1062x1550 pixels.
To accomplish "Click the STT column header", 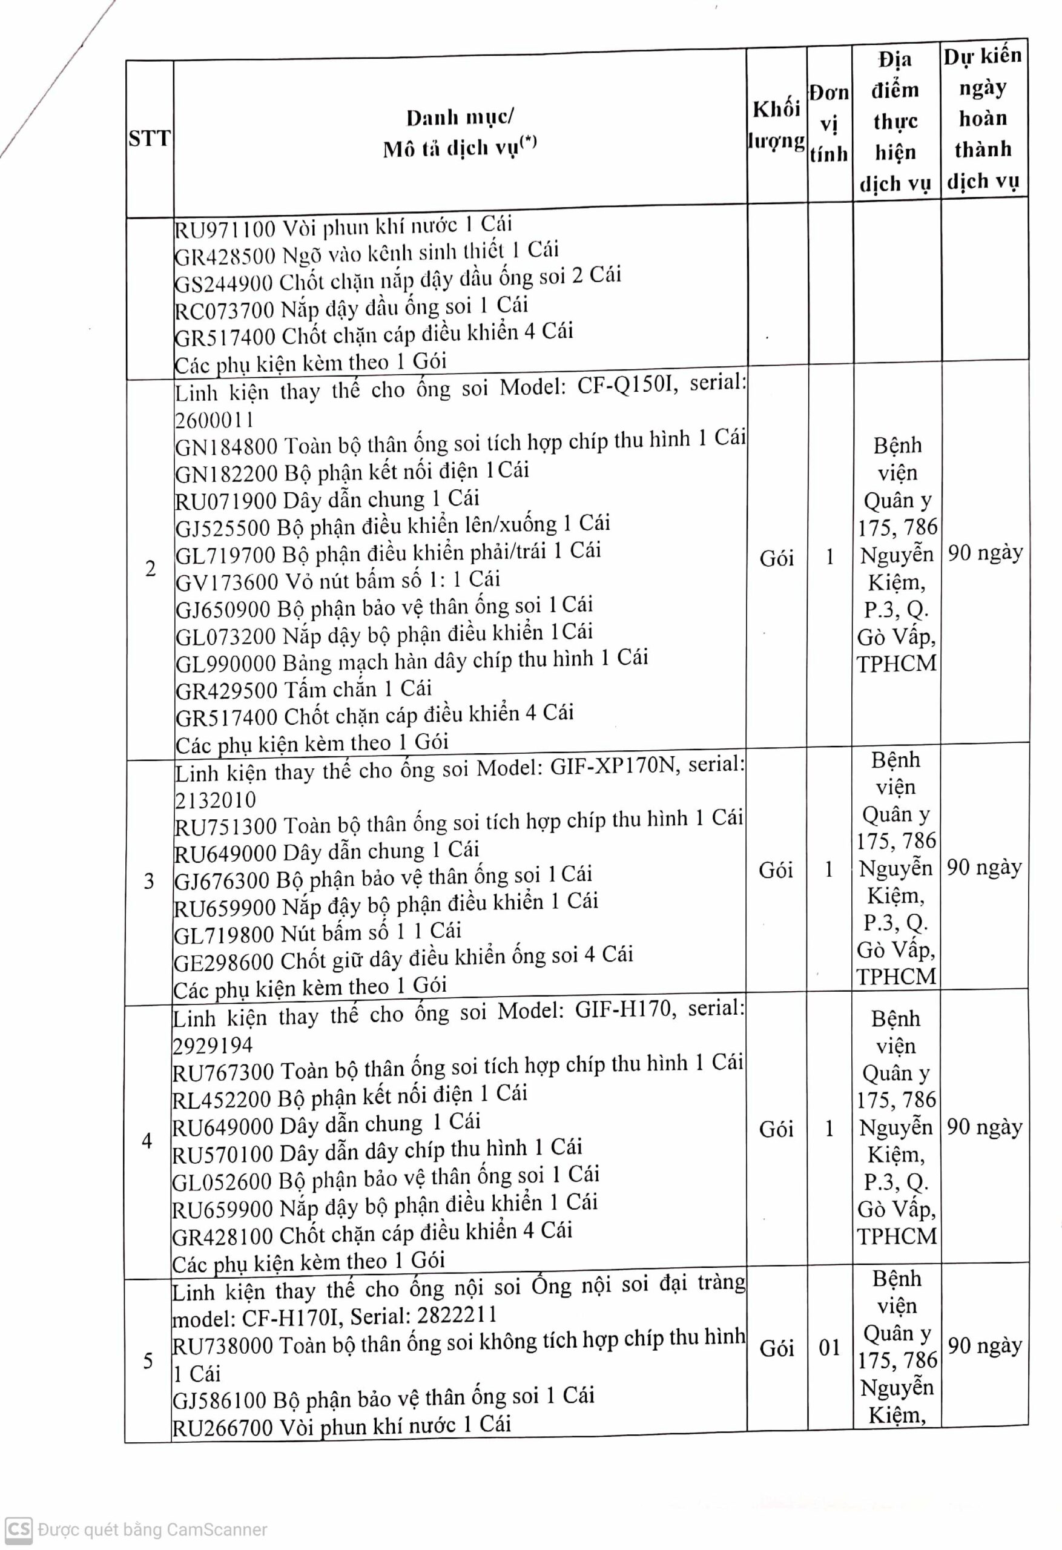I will [x=150, y=139].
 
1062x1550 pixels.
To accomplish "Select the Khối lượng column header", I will [x=776, y=125].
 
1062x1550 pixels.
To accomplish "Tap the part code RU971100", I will [x=225, y=229].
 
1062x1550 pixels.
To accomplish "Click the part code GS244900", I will [x=223, y=283].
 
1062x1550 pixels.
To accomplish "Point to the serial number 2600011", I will [x=214, y=420].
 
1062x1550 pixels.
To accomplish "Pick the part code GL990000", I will [x=225, y=664].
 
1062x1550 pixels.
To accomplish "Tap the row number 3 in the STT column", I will [x=149, y=881].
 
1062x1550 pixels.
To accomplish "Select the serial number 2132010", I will [x=215, y=800].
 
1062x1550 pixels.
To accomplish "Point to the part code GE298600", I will [x=223, y=963].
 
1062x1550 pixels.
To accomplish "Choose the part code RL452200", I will [x=222, y=1100].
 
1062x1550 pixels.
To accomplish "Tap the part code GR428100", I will [x=223, y=1236].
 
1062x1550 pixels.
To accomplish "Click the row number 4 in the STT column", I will [x=147, y=1141].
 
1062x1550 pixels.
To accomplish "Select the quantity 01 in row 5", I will [x=829, y=1348].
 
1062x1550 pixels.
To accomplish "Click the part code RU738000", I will [x=222, y=1345].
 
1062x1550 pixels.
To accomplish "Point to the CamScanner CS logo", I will [x=18, y=1529].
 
